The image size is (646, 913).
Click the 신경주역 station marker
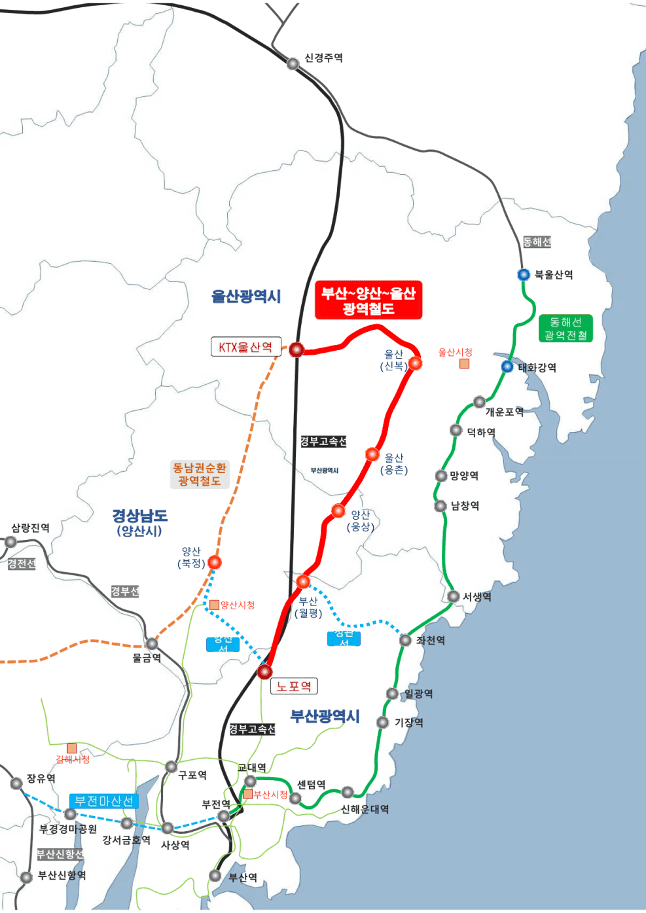pyautogui.click(x=293, y=63)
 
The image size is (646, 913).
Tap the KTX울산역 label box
pyautogui.click(x=245, y=347)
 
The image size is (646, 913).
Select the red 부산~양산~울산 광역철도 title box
pyautogui.click(x=368, y=300)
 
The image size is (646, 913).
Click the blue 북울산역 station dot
pyautogui.click(x=524, y=275)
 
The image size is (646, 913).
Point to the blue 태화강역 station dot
pyautogui.click(x=507, y=367)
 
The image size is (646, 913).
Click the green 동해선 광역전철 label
pyautogui.click(x=565, y=329)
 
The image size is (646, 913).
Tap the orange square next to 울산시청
pyautogui.click(x=464, y=363)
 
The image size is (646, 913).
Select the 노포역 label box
pyautogui.click(x=293, y=686)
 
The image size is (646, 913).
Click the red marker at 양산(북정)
pyautogui.click(x=215, y=562)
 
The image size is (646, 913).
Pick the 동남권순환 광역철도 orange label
pyautogui.click(x=200, y=474)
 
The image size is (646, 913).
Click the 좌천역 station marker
pyautogui.click(x=405, y=640)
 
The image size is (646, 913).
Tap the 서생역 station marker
pyautogui.click(x=454, y=596)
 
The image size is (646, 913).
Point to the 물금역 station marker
pyautogui.click(x=152, y=644)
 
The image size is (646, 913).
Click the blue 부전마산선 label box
pyautogui.click(x=103, y=801)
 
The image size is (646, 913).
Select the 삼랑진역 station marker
pyautogui.click(x=10, y=542)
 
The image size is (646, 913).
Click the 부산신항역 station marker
pyautogui.click(x=26, y=877)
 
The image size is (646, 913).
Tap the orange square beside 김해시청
pyautogui.click(x=71, y=748)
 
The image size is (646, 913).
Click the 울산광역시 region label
pyautogui.click(x=246, y=296)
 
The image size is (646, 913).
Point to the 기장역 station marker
pyautogui.click(x=383, y=723)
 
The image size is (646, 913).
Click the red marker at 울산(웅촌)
pyautogui.click(x=372, y=454)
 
